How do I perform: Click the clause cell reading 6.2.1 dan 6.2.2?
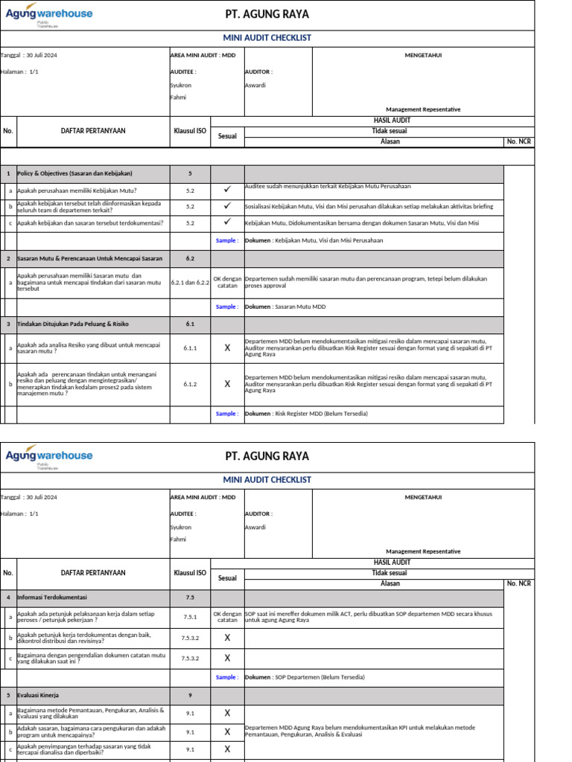click(x=190, y=283)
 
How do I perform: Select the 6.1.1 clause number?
click(x=190, y=348)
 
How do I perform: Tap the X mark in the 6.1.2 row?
click(x=227, y=384)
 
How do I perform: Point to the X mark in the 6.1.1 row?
click(x=227, y=348)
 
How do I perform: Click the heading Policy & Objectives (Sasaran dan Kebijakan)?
click(x=74, y=173)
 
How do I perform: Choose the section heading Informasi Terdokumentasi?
click(x=52, y=597)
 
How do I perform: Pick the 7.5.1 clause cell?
click(x=190, y=617)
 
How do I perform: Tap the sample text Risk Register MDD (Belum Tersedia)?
click(x=320, y=414)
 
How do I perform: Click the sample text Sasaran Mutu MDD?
click(x=299, y=307)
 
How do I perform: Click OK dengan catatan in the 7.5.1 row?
click(x=227, y=617)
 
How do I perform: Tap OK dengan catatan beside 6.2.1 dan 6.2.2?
click(x=227, y=283)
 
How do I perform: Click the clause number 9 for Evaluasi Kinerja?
click(x=190, y=695)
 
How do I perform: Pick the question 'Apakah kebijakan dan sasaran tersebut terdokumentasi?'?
click(x=90, y=222)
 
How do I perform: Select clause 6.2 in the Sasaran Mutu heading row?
click(x=190, y=258)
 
